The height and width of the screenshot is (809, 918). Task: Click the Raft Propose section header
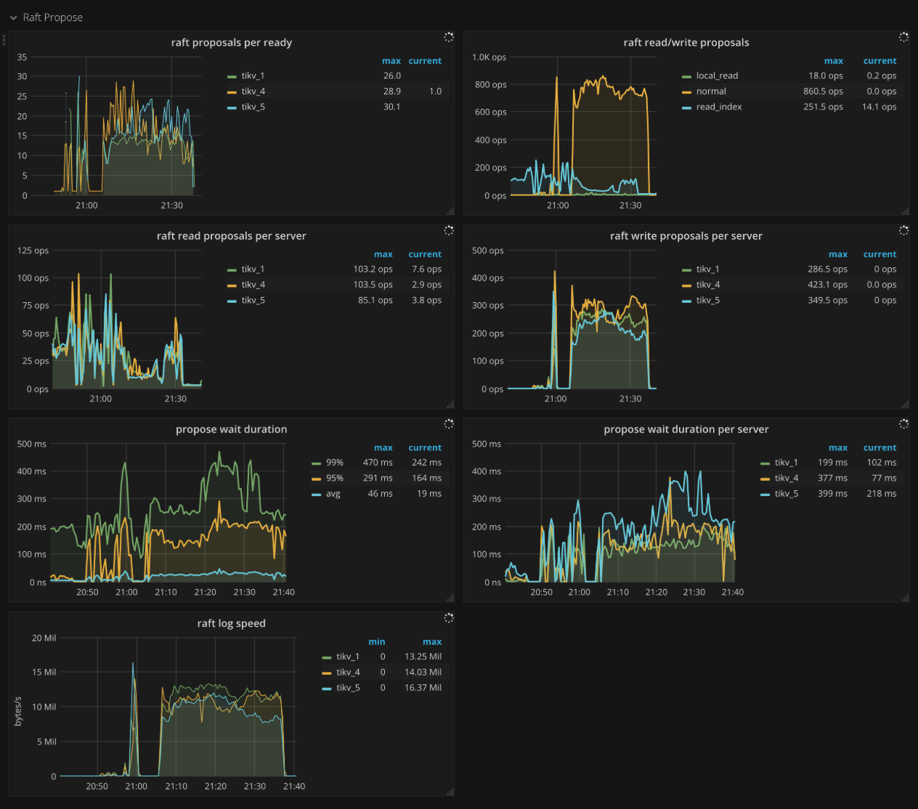tap(52, 17)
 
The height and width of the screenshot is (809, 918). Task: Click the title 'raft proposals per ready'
tap(231, 43)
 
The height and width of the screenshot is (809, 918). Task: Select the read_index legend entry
tap(718, 107)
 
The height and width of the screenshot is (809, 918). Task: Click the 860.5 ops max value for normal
tap(823, 92)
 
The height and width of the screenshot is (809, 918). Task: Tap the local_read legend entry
tap(716, 76)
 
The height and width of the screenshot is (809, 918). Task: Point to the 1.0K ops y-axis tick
tap(489, 57)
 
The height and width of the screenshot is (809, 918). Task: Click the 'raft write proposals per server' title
tap(686, 236)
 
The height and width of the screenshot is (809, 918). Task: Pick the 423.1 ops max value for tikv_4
tap(827, 285)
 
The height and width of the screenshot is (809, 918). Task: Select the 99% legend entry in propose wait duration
tap(334, 463)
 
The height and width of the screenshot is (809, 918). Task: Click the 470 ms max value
tap(378, 463)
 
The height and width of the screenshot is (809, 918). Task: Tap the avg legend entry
tap(333, 494)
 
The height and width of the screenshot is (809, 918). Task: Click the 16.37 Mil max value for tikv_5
tap(423, 688)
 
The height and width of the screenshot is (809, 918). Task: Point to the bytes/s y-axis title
tap(18, 712)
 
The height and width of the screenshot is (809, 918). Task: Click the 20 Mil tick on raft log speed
tap(44, 638)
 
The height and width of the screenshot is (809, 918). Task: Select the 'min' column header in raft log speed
tap(376, 642)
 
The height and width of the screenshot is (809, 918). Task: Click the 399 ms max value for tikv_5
tap(832, 494)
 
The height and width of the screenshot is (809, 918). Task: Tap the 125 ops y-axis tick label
tap(33, 251)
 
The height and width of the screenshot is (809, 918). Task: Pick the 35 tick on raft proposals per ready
tap(22, 57)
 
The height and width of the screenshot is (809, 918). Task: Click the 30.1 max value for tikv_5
tap(391, 107)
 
